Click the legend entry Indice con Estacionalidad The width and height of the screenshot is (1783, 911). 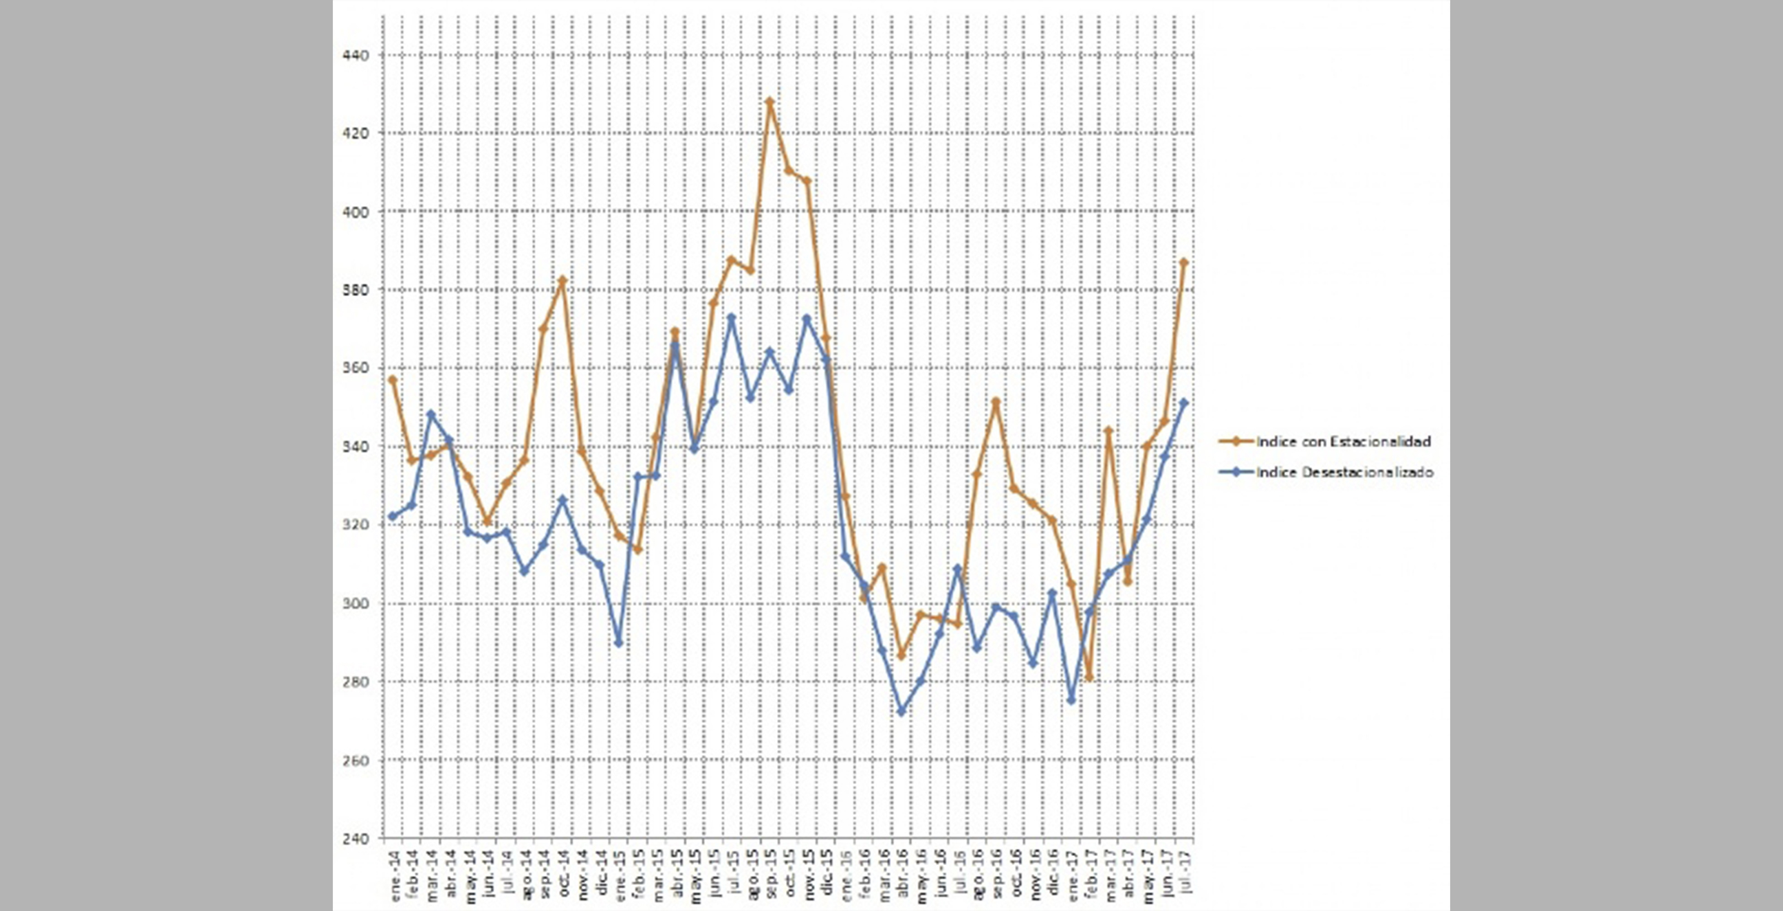(1343, 441)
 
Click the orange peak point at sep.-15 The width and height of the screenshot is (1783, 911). (769, 102)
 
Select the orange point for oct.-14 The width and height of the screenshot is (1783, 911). (562, 280)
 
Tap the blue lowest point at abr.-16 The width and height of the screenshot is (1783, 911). (901, 711)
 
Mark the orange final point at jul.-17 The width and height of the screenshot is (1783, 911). (1183, 262)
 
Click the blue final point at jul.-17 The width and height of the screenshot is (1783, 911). (1183, 402)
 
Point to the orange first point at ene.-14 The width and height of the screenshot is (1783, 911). (393, 379)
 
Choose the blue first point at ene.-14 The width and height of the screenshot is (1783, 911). (393, 516)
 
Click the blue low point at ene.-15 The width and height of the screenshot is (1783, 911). (619, 643)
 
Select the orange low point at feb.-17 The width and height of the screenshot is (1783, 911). (1089, 678)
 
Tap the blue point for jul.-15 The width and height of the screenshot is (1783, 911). (732, 317)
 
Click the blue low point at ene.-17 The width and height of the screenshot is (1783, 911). (1071, 701)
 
